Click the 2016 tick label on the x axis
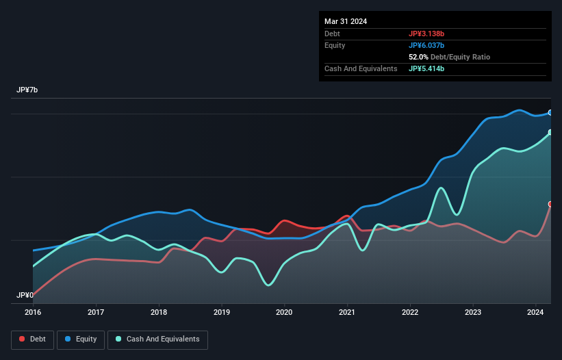pyautogui.click(x=33, y=313)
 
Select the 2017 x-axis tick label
pyautogui.click(x=96, y=313)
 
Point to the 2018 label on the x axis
pyautogui.click(x=159, y=313)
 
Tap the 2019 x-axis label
pyautogui.click(x=221, y=313)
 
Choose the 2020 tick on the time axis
pyautogui.click(x=284, y=313)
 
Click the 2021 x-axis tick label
pyautogui.click(x=347, y=313)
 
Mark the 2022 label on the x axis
pyautogui.click(x=410, y=313)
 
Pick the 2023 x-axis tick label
pyautogui.click(x=472, y=313)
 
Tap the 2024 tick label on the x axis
pyautogui.click(x=535, y=313)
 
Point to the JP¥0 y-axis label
pyautogui.click(x=25, y=295)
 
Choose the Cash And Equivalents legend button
pyautogui.click(x=157, y=339)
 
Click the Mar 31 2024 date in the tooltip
pyautogui.click(x=346, y=21)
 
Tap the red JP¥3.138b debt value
pyautogui.click(x=426, y=34)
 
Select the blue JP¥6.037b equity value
pyautogui.click(x=426, y=45)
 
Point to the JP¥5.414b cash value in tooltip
pyautogui.click(x=426, y=68)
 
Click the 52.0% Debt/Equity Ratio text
pyautogui.click(x=449, y=57)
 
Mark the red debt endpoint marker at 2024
pyautogui.click(x=550, y=204)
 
